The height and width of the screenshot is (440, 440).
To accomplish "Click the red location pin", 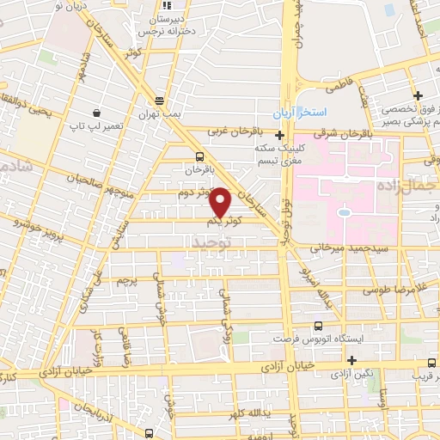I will (221, 203).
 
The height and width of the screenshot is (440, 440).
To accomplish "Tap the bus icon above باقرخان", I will (199, 156).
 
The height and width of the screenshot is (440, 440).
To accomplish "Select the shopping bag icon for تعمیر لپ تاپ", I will (97, 113).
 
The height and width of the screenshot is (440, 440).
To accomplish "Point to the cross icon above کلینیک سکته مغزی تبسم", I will (278, 135).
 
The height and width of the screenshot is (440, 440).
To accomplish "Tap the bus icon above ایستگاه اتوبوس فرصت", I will (318, 326).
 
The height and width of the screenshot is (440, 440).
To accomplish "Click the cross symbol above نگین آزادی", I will (351, 359).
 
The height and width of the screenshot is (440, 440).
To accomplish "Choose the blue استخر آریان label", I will (296, 113).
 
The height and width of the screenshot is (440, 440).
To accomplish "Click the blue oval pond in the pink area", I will (344, 211).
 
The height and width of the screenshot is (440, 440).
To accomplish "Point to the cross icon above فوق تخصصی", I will (418, 95).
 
